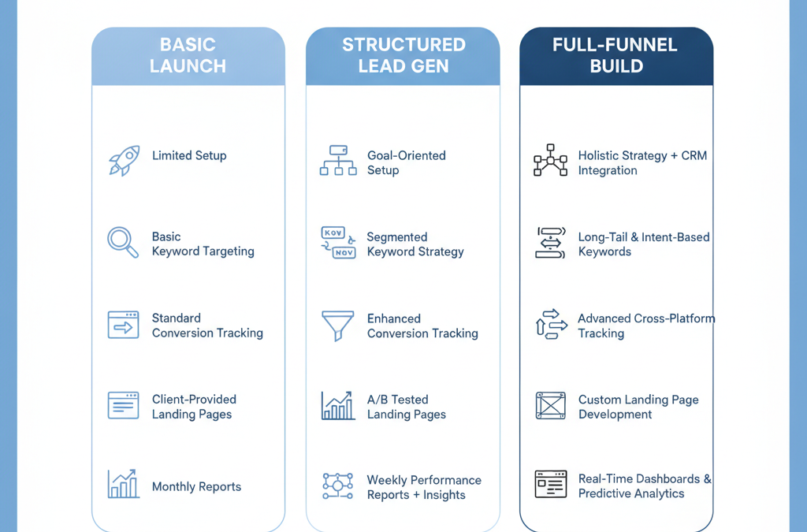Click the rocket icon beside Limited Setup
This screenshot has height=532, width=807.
124,161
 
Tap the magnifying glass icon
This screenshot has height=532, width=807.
122,242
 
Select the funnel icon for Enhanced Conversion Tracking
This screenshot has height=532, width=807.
337,326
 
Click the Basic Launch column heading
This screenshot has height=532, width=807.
188,55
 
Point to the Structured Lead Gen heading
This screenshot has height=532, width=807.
403,55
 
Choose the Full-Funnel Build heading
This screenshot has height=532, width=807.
615,55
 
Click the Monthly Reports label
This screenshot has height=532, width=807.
196,487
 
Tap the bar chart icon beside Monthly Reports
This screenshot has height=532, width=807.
124,484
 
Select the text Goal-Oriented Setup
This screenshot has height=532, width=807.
406,162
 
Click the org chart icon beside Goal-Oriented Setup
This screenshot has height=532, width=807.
338,161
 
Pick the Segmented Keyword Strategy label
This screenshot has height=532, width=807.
415,244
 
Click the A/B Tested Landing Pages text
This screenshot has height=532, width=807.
407,407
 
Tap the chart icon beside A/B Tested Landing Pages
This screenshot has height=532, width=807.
338,405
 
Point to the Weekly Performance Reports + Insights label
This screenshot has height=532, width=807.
424,487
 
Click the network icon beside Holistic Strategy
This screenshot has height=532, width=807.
550,160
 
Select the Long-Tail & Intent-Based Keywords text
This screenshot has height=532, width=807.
644,244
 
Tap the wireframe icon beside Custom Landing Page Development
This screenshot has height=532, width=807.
551,405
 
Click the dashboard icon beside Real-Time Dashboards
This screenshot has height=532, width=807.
551,484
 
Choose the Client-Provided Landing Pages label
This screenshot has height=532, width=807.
194,407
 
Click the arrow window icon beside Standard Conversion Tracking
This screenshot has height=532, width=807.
123,325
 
